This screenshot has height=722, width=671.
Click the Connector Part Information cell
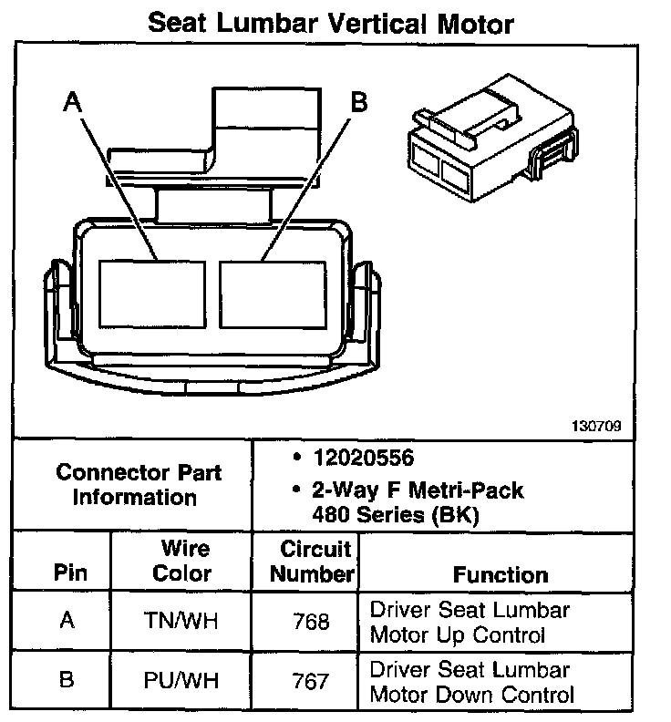click(x=138, y=485)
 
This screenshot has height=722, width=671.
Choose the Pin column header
click(x=70, y=573)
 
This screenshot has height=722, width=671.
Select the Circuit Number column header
click(x=313, y=562)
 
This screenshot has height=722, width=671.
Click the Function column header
click(x=501, y=574)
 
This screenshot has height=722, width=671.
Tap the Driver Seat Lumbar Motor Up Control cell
click(x=470, y=622)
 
